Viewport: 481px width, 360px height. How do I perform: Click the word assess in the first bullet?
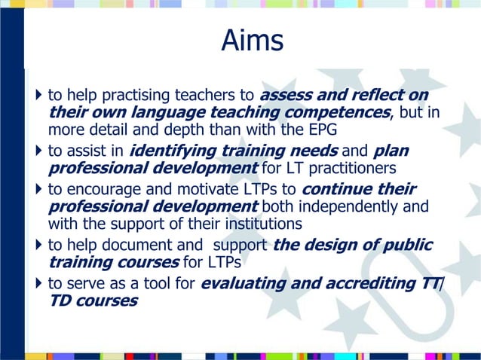(286, 96)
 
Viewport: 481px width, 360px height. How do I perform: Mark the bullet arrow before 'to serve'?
(39, 283)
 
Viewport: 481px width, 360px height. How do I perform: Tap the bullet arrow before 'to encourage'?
(39, 188)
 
